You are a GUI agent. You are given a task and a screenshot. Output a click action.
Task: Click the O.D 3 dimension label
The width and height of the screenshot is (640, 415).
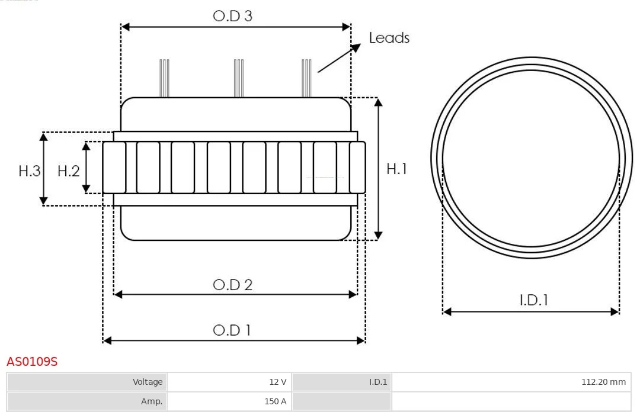tap(233, 16)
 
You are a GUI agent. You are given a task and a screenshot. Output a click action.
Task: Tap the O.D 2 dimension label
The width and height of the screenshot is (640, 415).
tap(233, 285)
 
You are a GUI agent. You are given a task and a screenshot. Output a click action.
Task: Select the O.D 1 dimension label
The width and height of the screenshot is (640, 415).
tap(232, 330)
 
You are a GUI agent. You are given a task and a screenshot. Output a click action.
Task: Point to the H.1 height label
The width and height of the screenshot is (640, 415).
tap(396, 169)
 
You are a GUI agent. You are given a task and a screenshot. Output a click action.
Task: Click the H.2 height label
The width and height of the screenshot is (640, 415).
tap(69, 171)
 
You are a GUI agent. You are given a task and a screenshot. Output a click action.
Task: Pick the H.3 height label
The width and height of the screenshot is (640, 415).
tap(30, 171)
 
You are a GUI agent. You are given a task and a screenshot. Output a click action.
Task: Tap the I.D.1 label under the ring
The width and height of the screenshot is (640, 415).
tap(534, 300)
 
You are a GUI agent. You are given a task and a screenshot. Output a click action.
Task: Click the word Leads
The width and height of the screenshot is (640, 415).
tap(389, 38)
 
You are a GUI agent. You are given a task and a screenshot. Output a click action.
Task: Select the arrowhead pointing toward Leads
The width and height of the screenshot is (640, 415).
tap(356, 48)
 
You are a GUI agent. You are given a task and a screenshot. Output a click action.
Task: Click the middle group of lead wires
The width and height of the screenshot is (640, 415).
tap(239, 78)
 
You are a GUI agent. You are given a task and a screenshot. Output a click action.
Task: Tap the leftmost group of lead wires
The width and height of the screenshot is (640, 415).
tap(164, 78)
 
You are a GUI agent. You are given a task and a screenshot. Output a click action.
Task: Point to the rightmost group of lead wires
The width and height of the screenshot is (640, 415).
tap(306, 78)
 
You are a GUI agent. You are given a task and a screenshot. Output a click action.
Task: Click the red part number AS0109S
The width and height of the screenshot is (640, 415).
tap(32, 362)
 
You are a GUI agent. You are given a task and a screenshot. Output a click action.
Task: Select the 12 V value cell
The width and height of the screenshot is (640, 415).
tap(229, 382)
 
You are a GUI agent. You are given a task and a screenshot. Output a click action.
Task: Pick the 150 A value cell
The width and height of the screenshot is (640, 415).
tap(229, 401)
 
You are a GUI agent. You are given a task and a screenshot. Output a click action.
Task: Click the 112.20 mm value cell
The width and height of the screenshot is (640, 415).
tap(511, 382)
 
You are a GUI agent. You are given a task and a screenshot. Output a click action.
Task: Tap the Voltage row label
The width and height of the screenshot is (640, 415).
tap(87, 382)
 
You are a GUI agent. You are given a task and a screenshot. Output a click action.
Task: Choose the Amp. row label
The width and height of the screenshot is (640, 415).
tap(87, 401)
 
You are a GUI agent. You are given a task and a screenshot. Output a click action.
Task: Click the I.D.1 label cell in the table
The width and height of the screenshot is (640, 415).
tap(342, 382)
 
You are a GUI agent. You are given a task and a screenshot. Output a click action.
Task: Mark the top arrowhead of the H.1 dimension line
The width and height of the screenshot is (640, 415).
tap(378, 102)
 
